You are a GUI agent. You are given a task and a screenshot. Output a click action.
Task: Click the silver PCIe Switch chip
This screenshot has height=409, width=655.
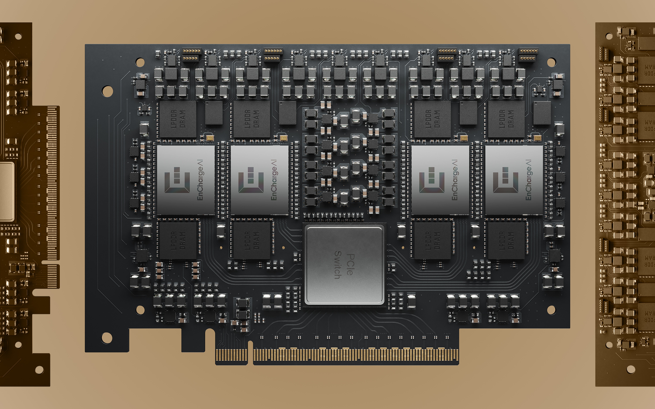point(344,265)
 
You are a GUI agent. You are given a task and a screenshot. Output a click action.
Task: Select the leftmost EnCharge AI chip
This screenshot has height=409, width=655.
point(186,180)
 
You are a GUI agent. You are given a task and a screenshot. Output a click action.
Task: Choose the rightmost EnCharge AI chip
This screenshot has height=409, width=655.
point(514,180)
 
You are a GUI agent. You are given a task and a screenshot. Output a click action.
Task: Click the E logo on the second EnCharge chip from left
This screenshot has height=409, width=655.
point(251,180)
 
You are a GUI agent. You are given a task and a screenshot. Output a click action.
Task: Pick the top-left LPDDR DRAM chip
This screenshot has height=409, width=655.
point(178,119)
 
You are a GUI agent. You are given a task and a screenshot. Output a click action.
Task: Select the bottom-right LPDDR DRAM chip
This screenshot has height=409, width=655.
point(506,240)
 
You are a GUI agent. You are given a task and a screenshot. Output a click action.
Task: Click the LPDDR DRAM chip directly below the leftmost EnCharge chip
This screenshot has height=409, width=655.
point(178,240)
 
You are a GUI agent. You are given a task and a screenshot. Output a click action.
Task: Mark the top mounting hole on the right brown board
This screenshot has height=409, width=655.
point(609,36)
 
